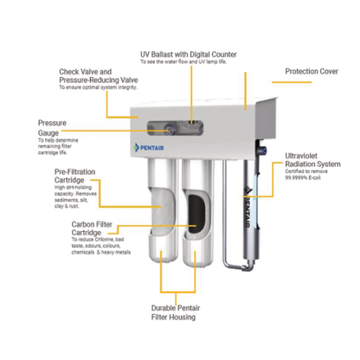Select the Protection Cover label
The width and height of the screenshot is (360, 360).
(312, 71)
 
